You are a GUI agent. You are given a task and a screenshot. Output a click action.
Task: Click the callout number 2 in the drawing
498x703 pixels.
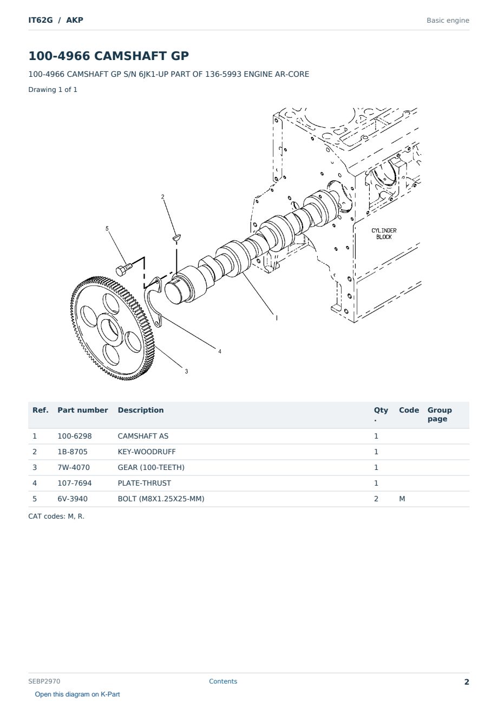tap(162, 197)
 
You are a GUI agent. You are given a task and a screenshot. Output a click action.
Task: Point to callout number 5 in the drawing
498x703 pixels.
tap(107, 228)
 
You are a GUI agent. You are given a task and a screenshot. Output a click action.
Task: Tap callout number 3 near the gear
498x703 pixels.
tap(186, 372)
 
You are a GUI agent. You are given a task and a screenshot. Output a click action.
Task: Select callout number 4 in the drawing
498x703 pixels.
tap(220, 351)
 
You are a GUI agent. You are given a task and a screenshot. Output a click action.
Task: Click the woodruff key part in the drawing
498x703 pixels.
tap(176, 237)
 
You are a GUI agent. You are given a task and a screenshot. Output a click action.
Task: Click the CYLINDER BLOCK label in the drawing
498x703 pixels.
tap(384, 234)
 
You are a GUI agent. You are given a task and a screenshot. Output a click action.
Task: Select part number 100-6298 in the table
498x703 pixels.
tap(75, 436)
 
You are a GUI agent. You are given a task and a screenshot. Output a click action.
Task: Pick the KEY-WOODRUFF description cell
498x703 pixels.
tap(146, 452)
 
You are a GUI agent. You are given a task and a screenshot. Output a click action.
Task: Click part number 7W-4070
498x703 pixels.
tap(74, 467)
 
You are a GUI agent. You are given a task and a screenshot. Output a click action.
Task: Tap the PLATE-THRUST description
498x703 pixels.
tap(144, 483)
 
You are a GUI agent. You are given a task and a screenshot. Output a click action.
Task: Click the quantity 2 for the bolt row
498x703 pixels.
tap(376, 499)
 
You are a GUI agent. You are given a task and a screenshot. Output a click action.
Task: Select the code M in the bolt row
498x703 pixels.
tap(402, 499)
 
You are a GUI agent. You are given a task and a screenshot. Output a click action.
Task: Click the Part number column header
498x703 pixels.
tap(83, 410)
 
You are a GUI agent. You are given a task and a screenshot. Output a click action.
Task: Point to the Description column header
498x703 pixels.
tap(141, 410)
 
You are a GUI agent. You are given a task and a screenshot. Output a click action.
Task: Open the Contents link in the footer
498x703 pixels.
tap(223, 681)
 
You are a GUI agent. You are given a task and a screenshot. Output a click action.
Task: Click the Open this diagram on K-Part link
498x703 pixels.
tap(77, 694)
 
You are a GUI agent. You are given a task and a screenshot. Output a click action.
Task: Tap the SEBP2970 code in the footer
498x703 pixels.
tap(44, 681)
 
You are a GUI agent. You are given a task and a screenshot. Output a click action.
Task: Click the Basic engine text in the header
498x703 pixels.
tap(448, 21)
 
